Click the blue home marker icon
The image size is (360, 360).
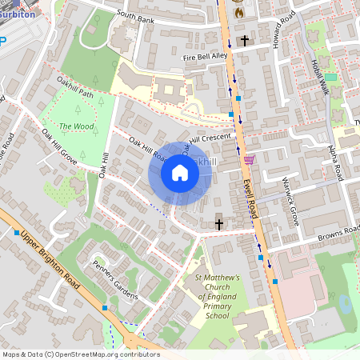tap(180, 173)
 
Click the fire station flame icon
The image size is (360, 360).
tap(238, 13)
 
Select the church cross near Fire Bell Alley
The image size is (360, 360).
tap(245, 39)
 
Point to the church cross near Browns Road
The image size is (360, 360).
tap(219, 225)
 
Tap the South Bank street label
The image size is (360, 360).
tap(134, 15)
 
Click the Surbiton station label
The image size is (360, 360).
tap(22, 14)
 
